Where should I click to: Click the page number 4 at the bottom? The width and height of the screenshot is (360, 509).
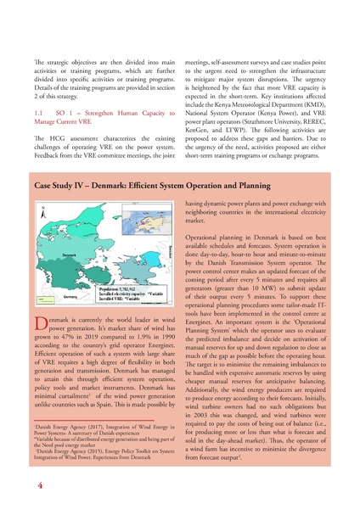[40, 487]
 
